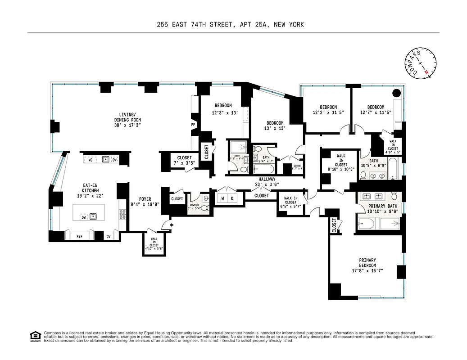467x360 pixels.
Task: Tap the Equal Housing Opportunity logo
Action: coord(35,336)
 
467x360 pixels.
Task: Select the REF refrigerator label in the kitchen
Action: coord(79,235)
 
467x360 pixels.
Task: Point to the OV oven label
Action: coord(108,235)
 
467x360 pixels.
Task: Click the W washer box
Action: coord(222,198)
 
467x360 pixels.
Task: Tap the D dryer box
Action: coord(232,198)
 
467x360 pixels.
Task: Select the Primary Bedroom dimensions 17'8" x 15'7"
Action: coord(367,270)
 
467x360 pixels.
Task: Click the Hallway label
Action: coord(264,179)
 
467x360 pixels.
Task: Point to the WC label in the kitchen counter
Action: coord(91,159)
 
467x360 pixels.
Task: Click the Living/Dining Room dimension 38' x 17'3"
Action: coord(127,126)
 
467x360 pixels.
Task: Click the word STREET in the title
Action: coord(219,25)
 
